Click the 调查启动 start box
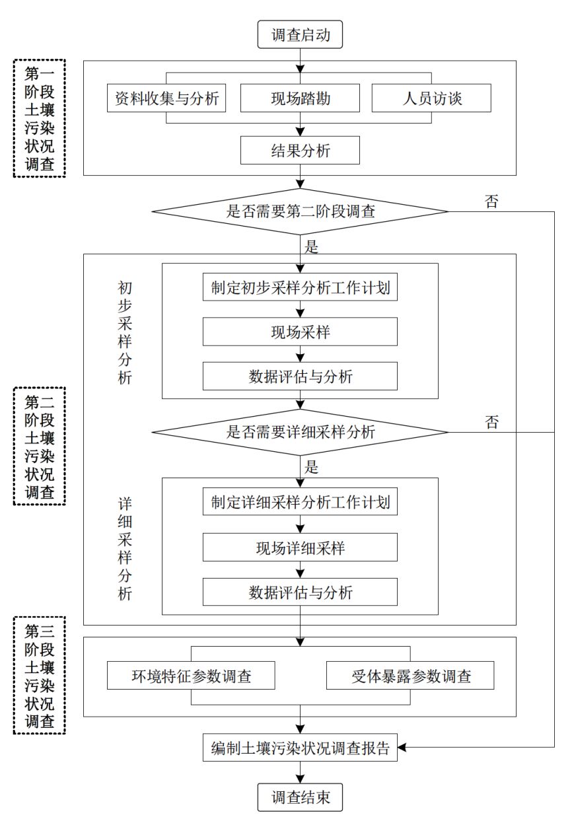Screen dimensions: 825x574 click(300, 35)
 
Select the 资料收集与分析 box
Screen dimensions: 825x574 click(165, 98)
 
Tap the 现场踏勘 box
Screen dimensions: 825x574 click(300, 98)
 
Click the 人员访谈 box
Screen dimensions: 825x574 click(432, 98)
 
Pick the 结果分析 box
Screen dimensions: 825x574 click(300, 150)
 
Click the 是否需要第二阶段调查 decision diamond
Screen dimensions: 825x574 click(300, 211)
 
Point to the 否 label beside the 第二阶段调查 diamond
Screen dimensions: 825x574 click(491, 201)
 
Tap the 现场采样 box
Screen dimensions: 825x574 click(300, 332)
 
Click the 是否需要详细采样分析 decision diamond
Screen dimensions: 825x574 click(300, 432)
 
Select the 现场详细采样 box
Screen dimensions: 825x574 click(300, 547)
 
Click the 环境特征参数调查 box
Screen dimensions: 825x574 click(191, 676)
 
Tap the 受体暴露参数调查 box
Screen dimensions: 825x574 click(410, 676)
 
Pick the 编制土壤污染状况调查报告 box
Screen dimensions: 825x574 click(300, 748)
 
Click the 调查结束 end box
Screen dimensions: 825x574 click(300, 797)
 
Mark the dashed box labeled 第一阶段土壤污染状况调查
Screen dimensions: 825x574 click(40, 118)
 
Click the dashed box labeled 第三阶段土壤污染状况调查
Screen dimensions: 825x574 click(40, 675)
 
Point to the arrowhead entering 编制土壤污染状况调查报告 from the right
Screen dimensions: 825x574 click(403, 748)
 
